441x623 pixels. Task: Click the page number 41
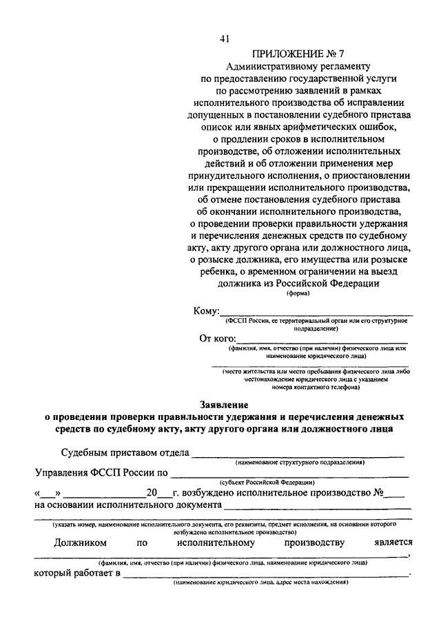tap(225, 39)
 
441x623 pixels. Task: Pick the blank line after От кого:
tap(321, 341)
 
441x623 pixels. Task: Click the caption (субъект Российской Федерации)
tap(267, 483)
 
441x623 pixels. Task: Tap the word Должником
tap(82, 542)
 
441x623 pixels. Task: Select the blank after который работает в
tap(265, 574)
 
